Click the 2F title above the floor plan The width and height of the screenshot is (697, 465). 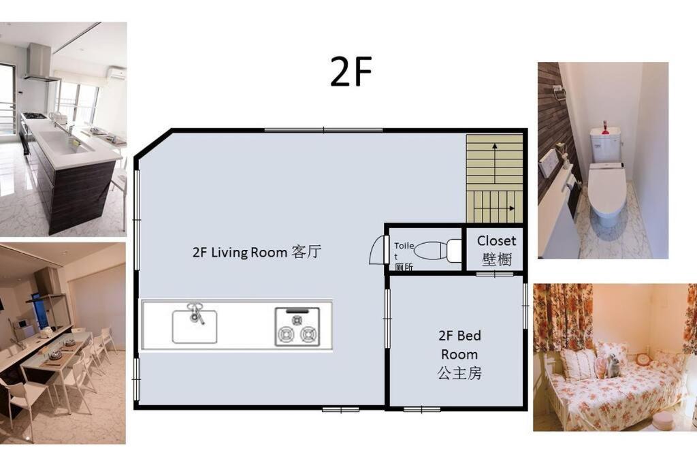pyautogui.click(x=351, y=71)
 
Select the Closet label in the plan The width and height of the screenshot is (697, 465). pyautogui.click(x=496, y=241)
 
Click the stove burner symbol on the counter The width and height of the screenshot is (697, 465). pyautogui.click(x=297, y=327)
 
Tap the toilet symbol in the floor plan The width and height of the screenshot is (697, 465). pyautogui.click(x=438, y=251)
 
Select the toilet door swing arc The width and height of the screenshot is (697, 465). pyautogui.click(x=376, y=250)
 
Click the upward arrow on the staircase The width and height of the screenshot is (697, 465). pyautogui.click(x=495, y=161)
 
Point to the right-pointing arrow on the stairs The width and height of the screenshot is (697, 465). pyautogui.click(x=495, y=208)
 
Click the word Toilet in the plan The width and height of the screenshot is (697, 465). pyautogui.click(x=404, y=251)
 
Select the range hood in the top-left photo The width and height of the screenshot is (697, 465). pyautogui.click(x=40, y=63)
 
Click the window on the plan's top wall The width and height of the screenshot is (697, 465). pyautogui.click(x=323, y=130)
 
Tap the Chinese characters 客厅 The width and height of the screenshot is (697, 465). pyautogui.click(x=307, y=252)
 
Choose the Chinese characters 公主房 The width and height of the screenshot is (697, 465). pyautogui.click(x=459, y=373)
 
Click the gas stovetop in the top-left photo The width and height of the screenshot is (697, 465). pyautogui.click(x=34, y=116)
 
